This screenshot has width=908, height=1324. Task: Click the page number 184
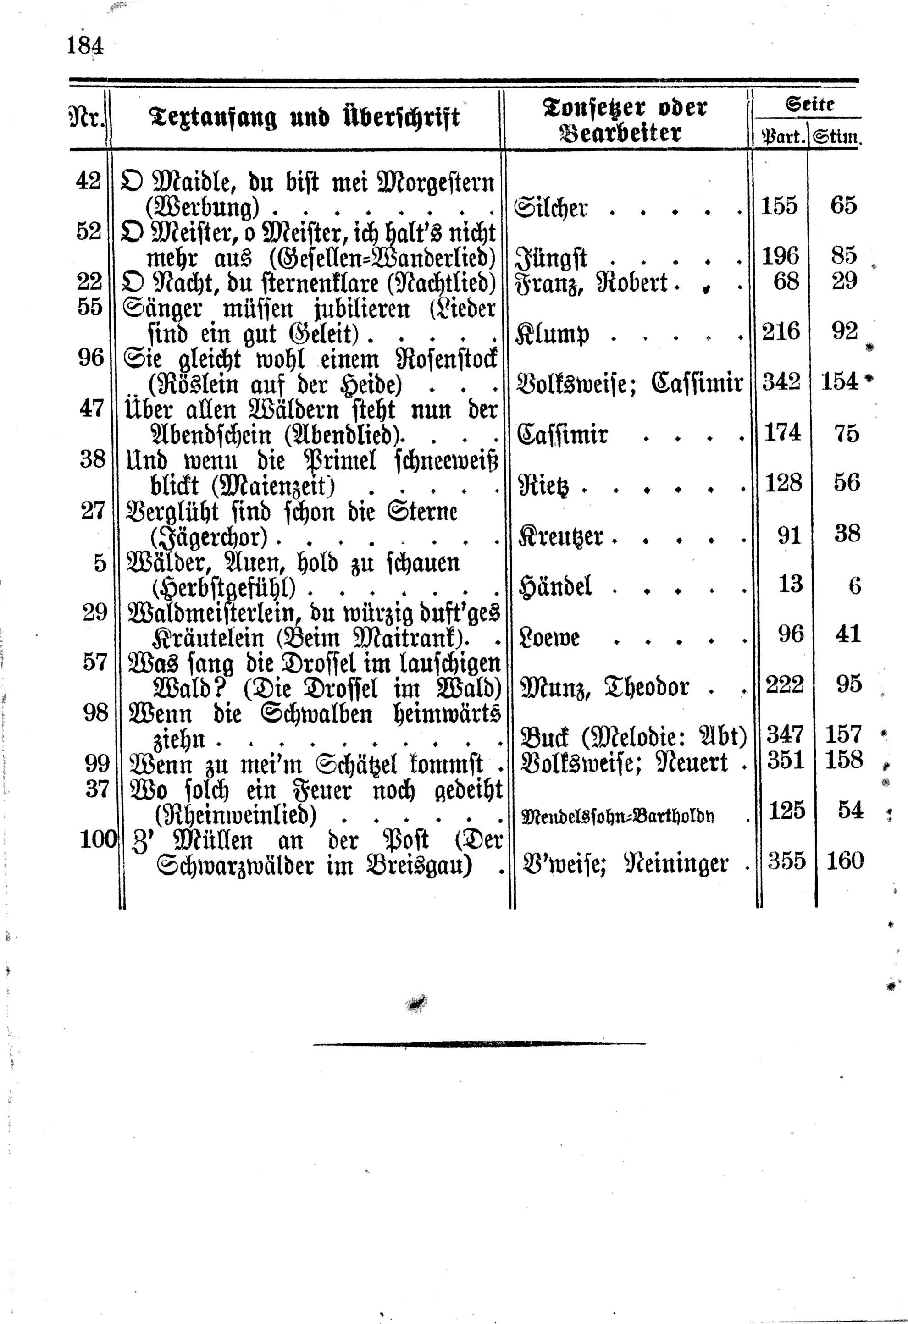[x=85, y=44]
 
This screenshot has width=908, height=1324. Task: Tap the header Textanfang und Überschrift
[x=305, y=118]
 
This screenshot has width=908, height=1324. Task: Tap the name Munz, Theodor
[x=605, y=686]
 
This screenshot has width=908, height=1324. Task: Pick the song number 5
[x=100, y=563]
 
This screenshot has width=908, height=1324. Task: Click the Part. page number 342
[x=781, y=381]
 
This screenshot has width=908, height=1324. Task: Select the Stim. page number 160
[x=844, y=860]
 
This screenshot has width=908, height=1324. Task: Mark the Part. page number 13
[x=790, y=585]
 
